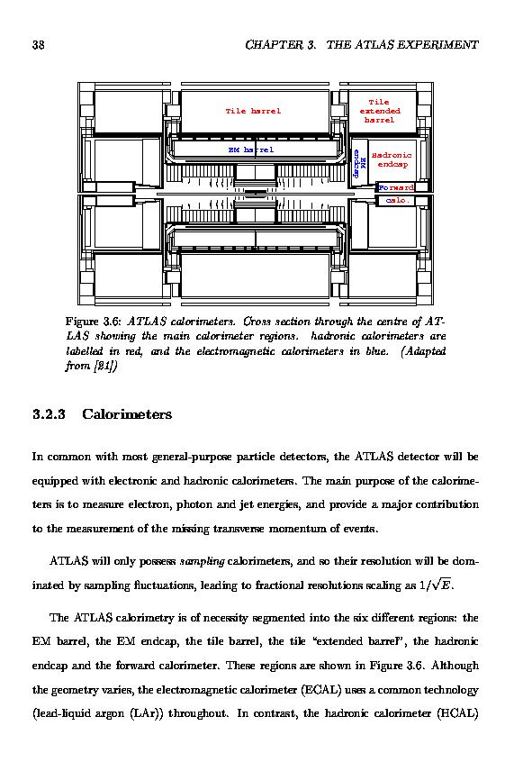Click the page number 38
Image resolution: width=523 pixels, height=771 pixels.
[39, 45]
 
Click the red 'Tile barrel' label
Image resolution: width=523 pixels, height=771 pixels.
[253, 111]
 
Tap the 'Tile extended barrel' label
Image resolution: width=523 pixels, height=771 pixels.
[380, 111]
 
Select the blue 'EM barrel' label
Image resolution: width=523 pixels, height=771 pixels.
[251, 150]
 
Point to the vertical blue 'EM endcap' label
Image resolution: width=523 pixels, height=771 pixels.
[359, 163]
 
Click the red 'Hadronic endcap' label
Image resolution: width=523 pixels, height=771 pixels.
[392, 159]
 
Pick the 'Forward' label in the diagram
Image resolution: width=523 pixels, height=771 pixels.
[396, 187]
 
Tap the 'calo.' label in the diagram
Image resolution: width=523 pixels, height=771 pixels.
[398, 200]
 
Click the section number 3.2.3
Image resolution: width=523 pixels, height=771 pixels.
[49, 414]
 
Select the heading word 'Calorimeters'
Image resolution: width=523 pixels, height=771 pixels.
[127, 414]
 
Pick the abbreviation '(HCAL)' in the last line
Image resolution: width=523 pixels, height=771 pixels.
[457, 713]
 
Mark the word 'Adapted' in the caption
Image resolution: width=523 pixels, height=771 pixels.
[424, 351]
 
